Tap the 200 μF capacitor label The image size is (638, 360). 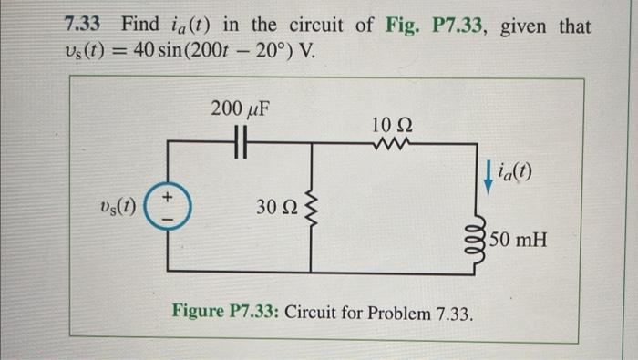[x=238, y=111]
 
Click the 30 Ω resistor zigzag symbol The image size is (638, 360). [x=311, y=209]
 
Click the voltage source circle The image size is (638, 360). [x=169, y=206]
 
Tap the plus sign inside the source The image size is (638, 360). [x=169, y=196]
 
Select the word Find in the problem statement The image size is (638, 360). [x=139, y=25]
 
